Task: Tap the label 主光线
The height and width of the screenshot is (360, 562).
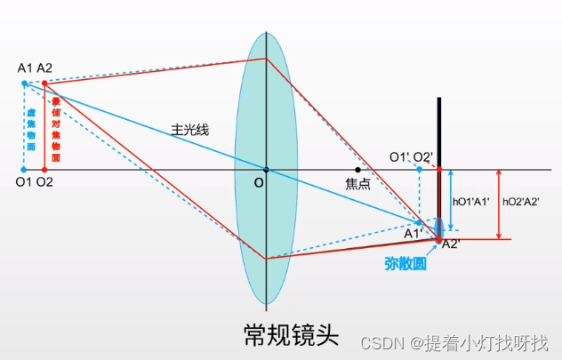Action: click(190, 130)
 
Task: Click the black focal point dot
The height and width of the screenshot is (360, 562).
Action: click(357, 170)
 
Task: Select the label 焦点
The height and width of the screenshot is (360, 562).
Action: click(357, 185)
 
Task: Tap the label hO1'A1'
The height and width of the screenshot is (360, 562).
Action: click(470, 203)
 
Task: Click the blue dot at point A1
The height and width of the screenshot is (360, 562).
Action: click(25, 84)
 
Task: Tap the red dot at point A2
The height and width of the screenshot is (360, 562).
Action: click(44, 84)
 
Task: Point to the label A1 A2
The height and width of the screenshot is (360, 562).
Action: click(35, 68)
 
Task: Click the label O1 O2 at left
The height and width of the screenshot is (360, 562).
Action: click(34, 183)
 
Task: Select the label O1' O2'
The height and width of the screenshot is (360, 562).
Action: click(411, 157)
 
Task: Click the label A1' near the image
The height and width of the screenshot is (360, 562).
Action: click(413, 234)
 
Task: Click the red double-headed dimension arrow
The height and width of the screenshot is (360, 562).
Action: click(500, 204)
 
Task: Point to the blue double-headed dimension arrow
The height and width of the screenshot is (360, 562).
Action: click(451, 203)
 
